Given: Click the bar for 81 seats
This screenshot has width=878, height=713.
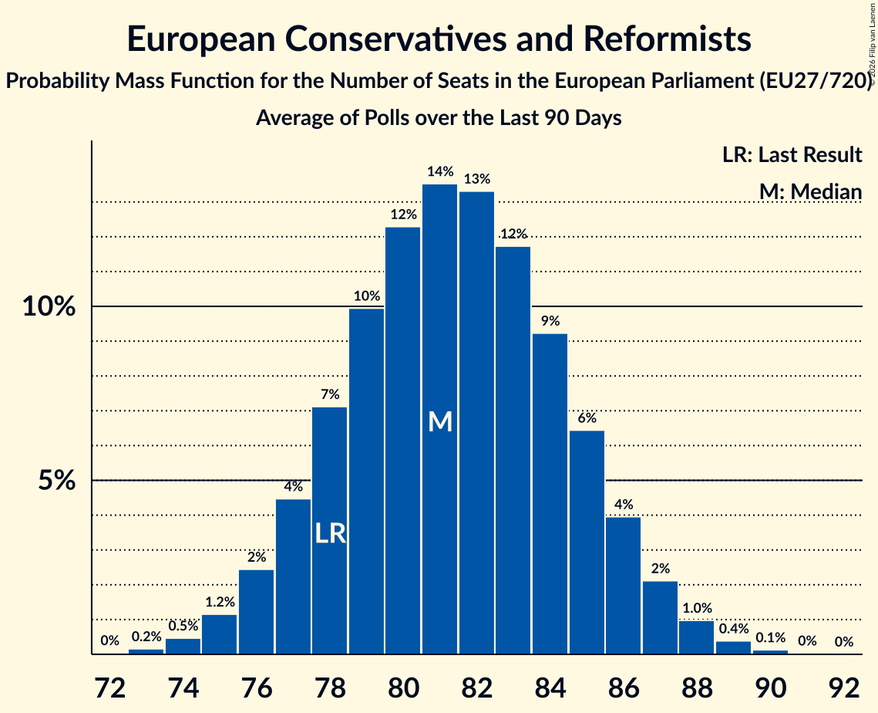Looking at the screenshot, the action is (x=439, y=419).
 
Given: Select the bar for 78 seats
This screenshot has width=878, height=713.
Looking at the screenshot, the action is (x=329, y=531).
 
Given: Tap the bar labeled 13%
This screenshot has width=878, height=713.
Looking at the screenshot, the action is (x=476, y=423).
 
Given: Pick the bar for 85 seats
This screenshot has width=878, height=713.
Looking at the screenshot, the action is (x=587, y=542).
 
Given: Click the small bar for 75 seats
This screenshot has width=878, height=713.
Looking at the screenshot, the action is (x=219, y=634).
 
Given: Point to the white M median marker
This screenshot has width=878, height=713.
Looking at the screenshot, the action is (x=440, y=421).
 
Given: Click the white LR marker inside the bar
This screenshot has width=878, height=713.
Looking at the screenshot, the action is (x=331, y=533).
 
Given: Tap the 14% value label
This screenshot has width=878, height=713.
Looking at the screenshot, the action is (x=440, y=171).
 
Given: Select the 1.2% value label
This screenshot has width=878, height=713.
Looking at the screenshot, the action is (x=220, y=602).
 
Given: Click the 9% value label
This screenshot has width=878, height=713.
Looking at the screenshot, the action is (x=550, y=321).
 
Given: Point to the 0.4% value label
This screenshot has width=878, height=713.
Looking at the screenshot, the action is (x=734, y=628).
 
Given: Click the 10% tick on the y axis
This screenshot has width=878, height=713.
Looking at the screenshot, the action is (x=49, y=306).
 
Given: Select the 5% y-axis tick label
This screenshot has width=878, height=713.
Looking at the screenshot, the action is (x=56, y=481).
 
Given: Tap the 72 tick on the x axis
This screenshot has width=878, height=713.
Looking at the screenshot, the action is (x=109, y=688).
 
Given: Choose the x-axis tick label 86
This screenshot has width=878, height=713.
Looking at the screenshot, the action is (x=624, y=688).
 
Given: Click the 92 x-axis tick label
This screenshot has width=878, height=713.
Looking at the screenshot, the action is (x=844, y=688).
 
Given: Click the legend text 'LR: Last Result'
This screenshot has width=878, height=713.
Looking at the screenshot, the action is (x=792, y=154).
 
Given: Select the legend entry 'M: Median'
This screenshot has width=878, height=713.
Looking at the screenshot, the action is (x=810, y=191).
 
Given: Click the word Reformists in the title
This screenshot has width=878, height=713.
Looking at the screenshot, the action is (x=667, y=39).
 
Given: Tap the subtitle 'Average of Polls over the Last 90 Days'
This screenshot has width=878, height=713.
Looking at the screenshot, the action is (x=439, y=118).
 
